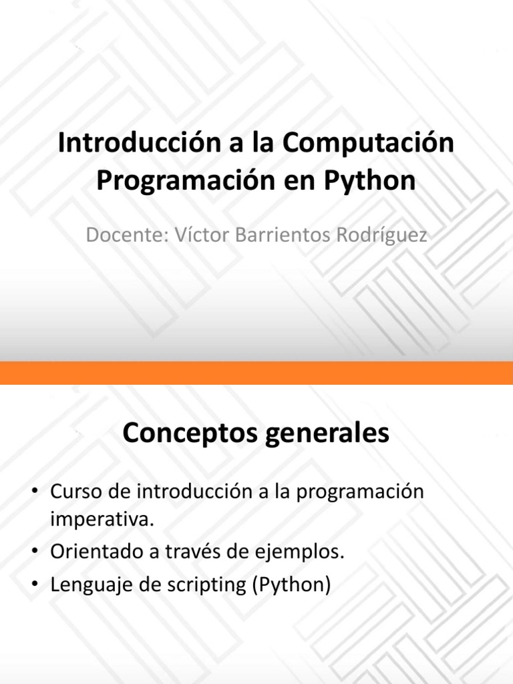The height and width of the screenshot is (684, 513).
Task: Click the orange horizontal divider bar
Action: click(x=256, y=373)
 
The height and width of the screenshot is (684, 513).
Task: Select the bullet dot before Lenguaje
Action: click(x=35, y=586)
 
